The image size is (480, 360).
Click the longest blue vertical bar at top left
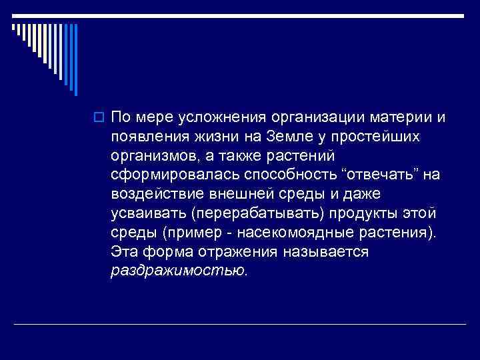tap(75, 59)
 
